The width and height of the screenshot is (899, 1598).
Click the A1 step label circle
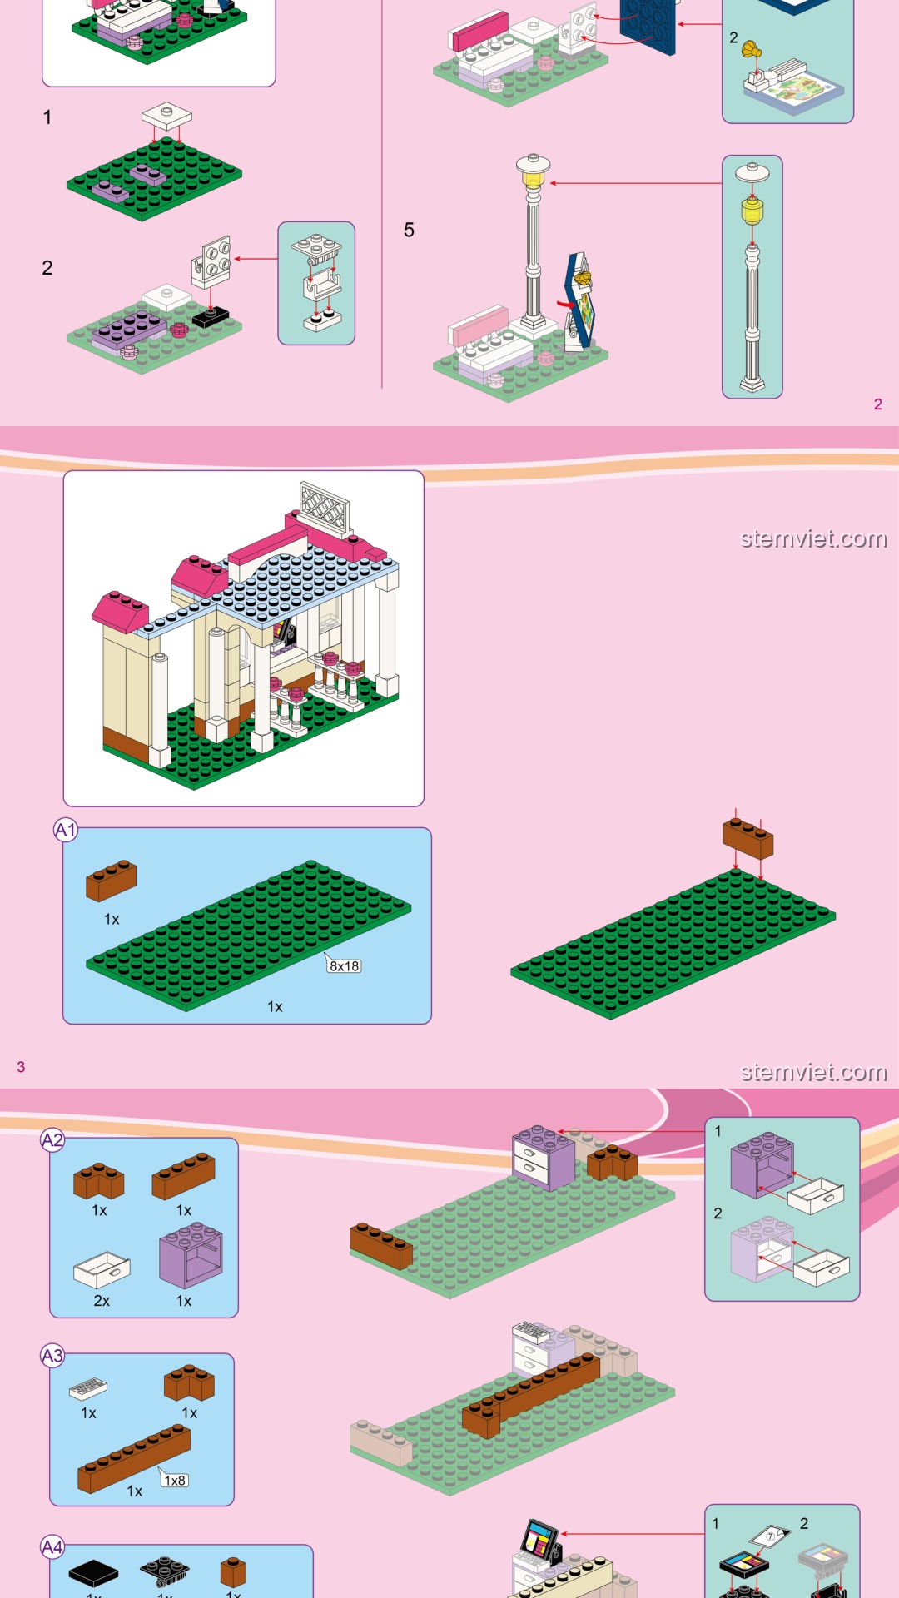pyautogui.click(x=66, y=830)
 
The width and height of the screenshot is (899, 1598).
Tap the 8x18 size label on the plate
pyautogui.click(x=344, y=965)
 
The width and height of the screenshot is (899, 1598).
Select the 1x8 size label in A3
pyautogui.click(x=175, y=1480)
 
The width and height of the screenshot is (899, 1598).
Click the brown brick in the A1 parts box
pyautogui.click(x=111, y=881)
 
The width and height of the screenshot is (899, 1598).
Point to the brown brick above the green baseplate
pyautogui.click(x=748, y=837)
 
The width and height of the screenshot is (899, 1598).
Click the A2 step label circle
pyautogui.click(x=52, y=1140)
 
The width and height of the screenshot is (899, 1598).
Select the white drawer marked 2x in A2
pyautogui.click(x=102, y=1270)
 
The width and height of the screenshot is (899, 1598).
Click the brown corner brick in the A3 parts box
pyautogui.click(x=189, y=1383)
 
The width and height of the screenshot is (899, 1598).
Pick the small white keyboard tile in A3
pyautogui.click(x=88, y=1387)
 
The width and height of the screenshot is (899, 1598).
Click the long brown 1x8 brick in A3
pyautogui.click(x=134, y=1458)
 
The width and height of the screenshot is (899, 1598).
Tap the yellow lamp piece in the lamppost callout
pyautogui.click(x=752, y=211)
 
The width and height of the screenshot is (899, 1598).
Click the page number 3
pyautogui.click(x=21, y=1067)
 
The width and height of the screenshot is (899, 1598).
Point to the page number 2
pyautogui.click(x=877, y=404)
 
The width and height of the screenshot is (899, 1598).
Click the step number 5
pyautogui.click(x=409, y=231)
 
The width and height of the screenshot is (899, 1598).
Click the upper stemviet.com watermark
pyautogui.click(x=813, y=538)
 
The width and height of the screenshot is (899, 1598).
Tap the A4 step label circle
pyautogui.click(x=52, y=1547)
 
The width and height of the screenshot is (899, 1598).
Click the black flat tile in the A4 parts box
pyautogui.click(x=93, y=1572)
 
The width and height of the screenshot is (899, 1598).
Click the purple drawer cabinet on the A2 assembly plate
pyautogui.click(x=543, y=1158)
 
